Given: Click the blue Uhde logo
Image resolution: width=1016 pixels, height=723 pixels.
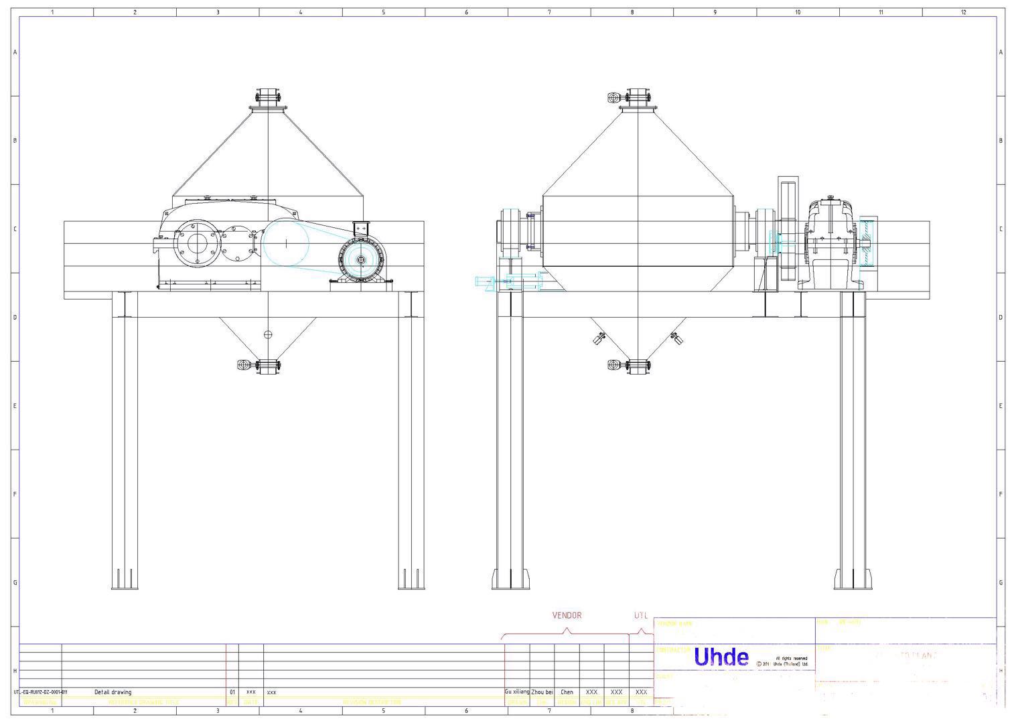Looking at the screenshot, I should point(721,657).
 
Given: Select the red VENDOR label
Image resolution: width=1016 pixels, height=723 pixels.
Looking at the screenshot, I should point(567,615).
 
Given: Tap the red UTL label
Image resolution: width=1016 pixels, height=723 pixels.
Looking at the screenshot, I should point(641,615).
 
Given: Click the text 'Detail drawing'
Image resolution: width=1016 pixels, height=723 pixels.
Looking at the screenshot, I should point(113,692).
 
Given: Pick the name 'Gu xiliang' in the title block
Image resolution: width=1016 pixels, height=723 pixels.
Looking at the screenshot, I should point(517,692).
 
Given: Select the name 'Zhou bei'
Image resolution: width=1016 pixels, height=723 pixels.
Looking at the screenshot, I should point(542,692).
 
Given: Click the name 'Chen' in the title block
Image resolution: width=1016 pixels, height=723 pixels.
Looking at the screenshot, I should point(567,692).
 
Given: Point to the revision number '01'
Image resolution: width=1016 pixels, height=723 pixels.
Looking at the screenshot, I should point(232,692).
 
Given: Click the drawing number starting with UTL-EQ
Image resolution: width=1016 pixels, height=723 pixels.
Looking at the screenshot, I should point(40,692).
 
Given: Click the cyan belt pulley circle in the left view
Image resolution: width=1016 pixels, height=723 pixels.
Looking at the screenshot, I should point(285,243).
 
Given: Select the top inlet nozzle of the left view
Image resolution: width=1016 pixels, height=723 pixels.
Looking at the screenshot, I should point(268,98).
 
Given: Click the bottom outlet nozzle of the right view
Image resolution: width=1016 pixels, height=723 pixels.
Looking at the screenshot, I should point(638,365).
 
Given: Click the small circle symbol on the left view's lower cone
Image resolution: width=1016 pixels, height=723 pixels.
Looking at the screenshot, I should point(268,334).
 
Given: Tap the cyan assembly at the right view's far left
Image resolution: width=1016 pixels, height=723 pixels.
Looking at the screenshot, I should point(509,283).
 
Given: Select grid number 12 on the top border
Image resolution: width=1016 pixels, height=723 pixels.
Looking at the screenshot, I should point(963,12).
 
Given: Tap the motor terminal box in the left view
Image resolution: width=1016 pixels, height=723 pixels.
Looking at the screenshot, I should point(362,228).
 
